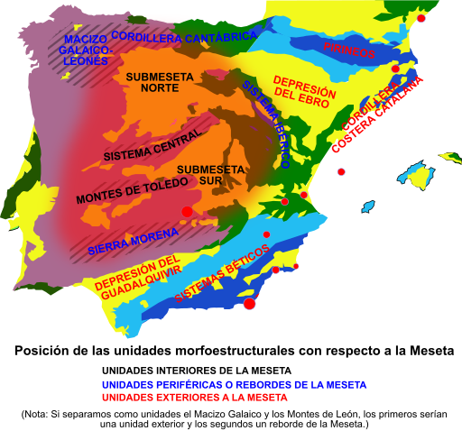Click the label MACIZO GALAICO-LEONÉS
(x=84, y=50)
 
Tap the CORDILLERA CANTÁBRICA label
(x=184, y=37)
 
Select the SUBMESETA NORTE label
(x=159, y=83)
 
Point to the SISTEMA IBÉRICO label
(x=265, y=124)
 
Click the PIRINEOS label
(x=349, y=50)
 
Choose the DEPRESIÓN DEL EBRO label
(x=304, y=94)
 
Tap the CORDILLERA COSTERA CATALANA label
(x=377, y=115)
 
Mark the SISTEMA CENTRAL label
(x=152, y=145)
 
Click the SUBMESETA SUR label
(x=210, y=175)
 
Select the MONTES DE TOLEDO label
(x=132, y=190)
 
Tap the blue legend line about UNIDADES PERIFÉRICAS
(x=234, y=385)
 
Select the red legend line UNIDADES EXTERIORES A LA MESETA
(x=194, y=398)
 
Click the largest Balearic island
(x=416, y=175)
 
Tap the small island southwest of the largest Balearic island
(x=368, y=206)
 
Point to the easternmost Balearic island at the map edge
(x=450, y=159)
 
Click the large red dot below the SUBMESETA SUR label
(x=187, y=212)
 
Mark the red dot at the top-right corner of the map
(x=420, y=18)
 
